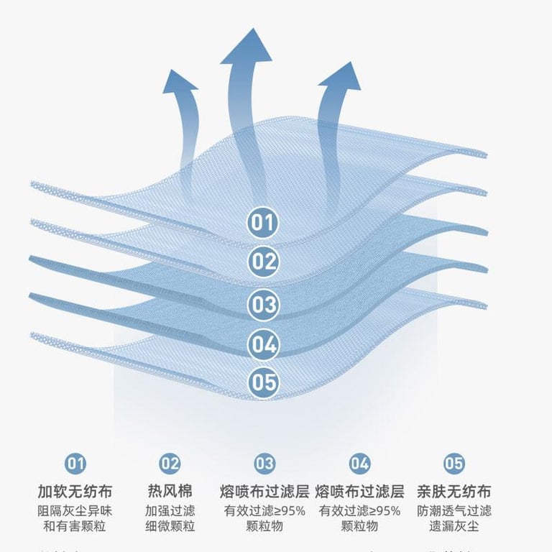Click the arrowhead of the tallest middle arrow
[x=246, y=47]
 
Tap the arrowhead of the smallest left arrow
[x=179, y=80]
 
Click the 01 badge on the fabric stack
[x=263, y=222]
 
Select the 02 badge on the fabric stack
[x=263, y=261]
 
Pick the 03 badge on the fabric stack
[x=263, y=304]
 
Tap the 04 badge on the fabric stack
[x=263, y=345]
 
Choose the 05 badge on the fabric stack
[x=263, y=382]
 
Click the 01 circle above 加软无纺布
[x=75, y=463]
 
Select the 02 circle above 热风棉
[x=170, y=463]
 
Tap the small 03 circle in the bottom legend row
[x=264, y=463]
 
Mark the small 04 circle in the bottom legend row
[x=359, y=463]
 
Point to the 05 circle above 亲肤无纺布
[x=454, y=463]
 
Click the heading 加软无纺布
[x=75, y=492]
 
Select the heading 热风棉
[x=170, y=492]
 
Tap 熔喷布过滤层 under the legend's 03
[x=264, y=492]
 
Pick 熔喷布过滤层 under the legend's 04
[x=359, y=492]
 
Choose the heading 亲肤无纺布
[x=454, y=492]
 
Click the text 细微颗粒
[x=170, y=526]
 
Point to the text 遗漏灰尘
[x=454, y=526]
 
